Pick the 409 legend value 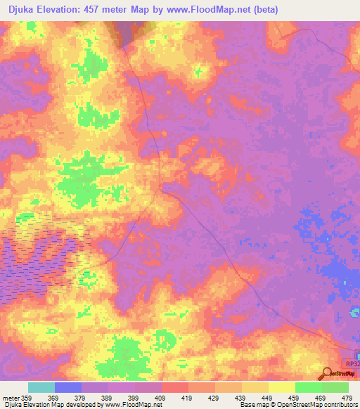pos(161,397)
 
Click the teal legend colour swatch pos(41,387)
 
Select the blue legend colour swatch pos(68,387)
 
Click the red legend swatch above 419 pos(174,387)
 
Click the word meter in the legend pos(10,397)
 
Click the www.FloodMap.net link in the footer pos(131,405)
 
